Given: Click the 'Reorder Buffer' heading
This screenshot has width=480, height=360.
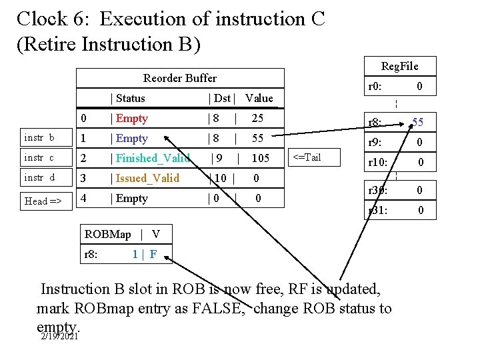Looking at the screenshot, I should pos(180,78).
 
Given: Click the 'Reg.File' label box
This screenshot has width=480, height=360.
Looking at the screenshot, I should pos(399,65).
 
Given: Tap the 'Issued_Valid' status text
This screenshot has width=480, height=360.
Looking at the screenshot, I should pos(147,178).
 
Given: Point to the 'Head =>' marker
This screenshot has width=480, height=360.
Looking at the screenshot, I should pos(43,201).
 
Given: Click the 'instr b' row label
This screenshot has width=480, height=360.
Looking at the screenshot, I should pos(39,138).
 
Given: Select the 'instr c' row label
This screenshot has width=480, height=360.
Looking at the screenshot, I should pos(39,158).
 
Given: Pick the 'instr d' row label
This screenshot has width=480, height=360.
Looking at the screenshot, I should pos(39,178).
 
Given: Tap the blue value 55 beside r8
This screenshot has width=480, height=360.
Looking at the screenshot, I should pos(418,122).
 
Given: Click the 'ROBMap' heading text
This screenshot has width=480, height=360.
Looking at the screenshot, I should pos(108,234).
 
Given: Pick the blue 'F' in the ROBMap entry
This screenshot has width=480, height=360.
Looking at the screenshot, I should pos(153,254).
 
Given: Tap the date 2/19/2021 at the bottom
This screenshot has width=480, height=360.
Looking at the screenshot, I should pos(59,336).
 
